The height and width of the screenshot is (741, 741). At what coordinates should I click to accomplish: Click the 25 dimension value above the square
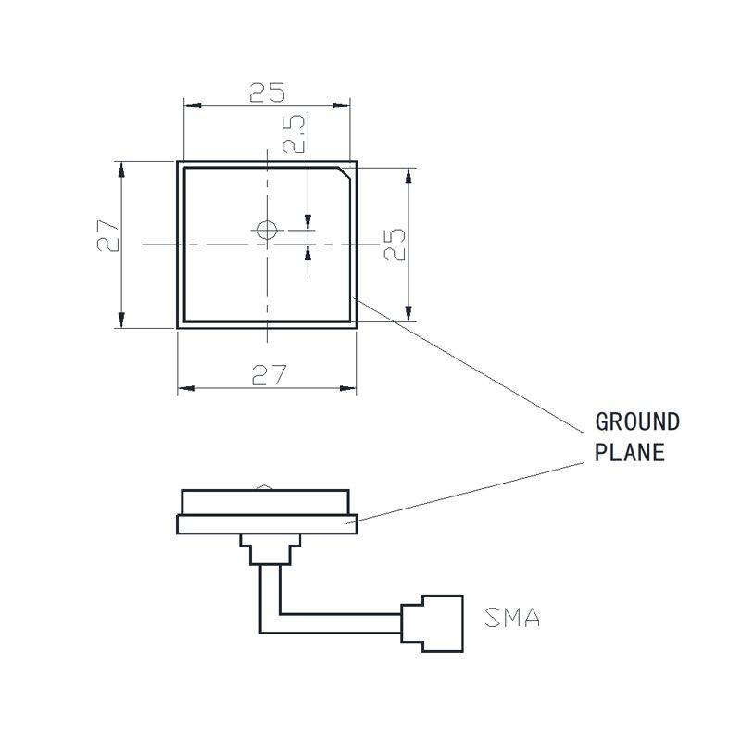tap(266, 92)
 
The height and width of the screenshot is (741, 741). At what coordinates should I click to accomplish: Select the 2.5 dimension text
tap(295, 135)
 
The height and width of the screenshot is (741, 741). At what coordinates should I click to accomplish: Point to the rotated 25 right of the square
tap(396, 245)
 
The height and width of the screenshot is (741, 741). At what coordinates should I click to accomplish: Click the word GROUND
tap(636, 422)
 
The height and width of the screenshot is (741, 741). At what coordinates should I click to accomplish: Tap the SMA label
tap(513, 618)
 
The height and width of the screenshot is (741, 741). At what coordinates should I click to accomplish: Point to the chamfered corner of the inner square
tap(345, 173)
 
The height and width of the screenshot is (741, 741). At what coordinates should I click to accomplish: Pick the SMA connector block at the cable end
tap(432, 622)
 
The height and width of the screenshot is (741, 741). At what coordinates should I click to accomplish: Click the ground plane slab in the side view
tap(267, 524)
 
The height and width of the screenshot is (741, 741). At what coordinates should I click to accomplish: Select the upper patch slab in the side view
tap(267, 502)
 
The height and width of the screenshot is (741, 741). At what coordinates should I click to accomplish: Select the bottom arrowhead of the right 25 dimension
tap(408, 316)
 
